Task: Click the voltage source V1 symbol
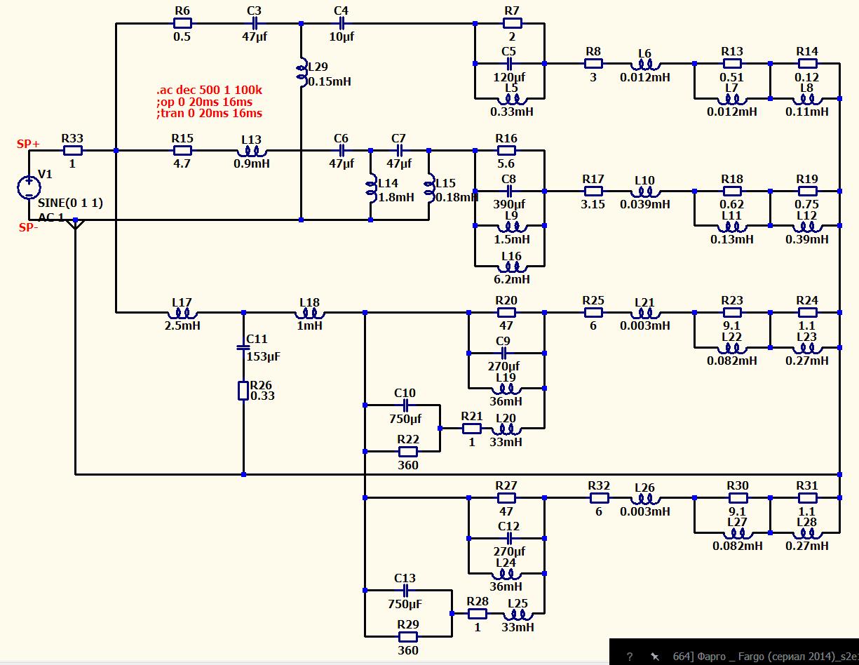(x=29, y=187)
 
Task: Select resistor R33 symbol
(x=73, y=151)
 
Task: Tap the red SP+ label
(x=28, y=144)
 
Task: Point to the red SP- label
(x=29, y=227)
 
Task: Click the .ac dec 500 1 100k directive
(x=209, y=90)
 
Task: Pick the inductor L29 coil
(x=302, y=72)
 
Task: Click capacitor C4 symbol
(x=342, y=23)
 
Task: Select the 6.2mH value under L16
(x=512, y=279)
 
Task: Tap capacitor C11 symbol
(x=243, y=347)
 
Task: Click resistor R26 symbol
(x=243, y=391)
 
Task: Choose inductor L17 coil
(x=182, y=314)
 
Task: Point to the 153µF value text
(x=263, y=356)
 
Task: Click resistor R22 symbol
(x=407, y=452)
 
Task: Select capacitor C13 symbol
(x=405, y=591)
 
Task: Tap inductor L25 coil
(x=518, y=614)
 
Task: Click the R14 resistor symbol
(x=807, y=63)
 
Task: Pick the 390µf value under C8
(x=509, y=204)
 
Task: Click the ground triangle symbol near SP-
(x=75, y=224)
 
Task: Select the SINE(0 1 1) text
(x=70, y=203)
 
